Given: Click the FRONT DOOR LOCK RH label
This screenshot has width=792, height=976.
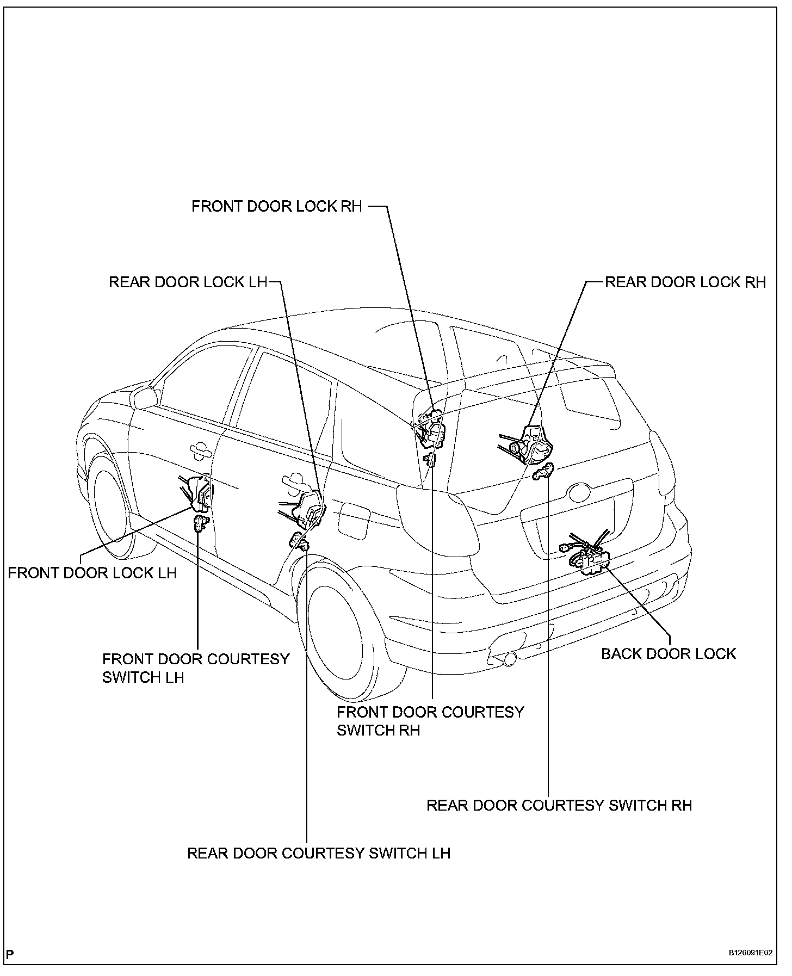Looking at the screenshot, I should pos(276,207).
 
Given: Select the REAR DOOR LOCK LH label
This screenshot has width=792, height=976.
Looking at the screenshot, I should pos(188,282).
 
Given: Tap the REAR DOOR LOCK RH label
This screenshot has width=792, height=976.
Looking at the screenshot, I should pos(685,282).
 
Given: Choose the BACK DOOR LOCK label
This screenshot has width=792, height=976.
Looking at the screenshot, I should pos(668,653).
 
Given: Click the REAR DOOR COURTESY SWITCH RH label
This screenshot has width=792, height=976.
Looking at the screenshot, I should pos(559,805).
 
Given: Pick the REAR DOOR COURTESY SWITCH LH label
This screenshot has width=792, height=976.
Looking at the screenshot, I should pos(319,853).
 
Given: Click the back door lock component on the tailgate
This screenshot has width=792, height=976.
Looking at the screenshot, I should pos(589,559).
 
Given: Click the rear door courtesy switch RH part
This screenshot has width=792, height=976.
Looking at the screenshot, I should pos(544,472).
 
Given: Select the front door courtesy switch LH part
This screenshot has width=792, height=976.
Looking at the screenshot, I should pos(200,525).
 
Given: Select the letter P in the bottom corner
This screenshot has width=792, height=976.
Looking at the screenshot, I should pos(11,954).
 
